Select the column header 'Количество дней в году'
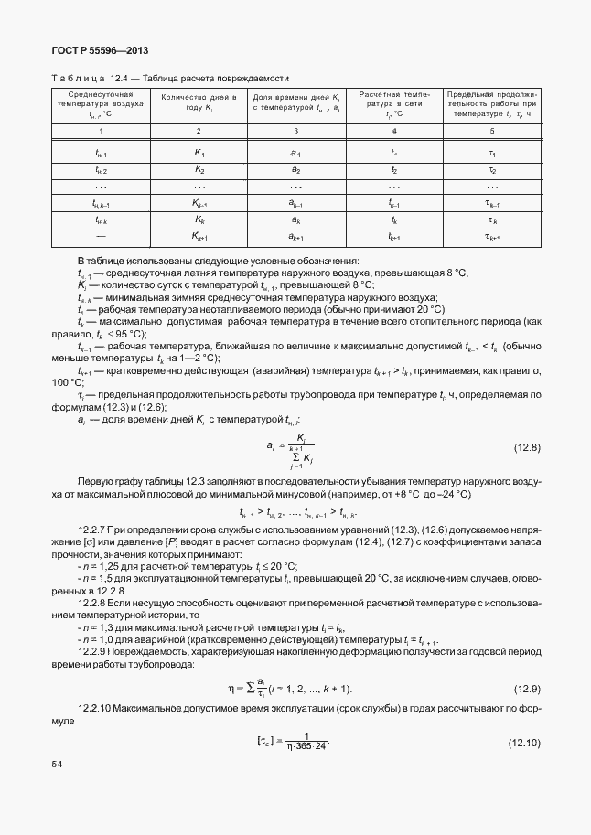pos(199,102)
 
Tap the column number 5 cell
pos(492,131)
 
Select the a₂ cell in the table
pos(295,170)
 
